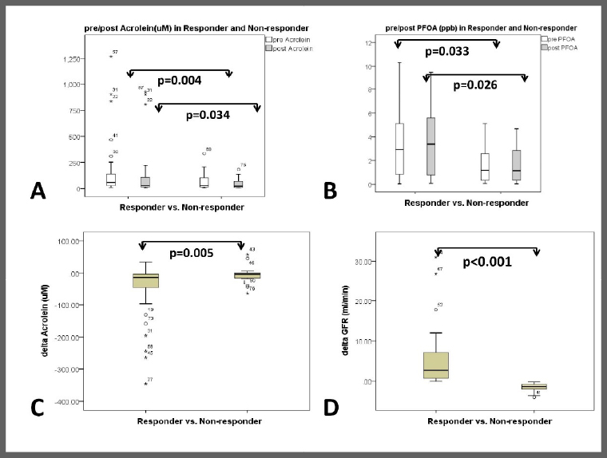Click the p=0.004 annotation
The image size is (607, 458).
coord(180,81)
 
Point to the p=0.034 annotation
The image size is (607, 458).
coord(207,115)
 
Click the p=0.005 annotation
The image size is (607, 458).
coord(191,255)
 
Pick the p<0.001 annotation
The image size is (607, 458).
coord(487,261)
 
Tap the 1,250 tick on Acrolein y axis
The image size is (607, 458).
coord(79,58)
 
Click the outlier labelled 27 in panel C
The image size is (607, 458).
coord(146,384)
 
